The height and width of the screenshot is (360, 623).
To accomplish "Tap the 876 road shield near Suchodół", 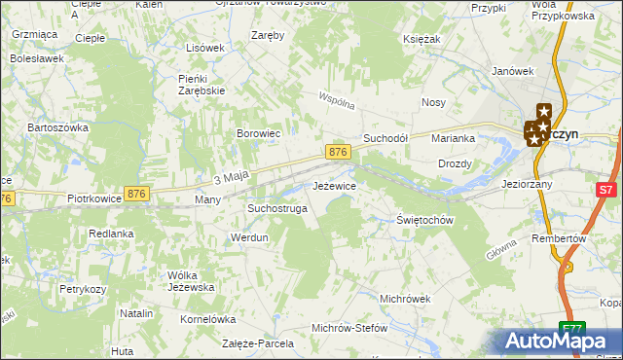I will (338, 153).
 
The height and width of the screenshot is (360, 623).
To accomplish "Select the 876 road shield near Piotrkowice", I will (137, 195).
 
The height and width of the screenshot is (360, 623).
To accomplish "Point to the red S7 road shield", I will (606, 191).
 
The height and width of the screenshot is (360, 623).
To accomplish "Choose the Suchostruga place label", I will (277, 208).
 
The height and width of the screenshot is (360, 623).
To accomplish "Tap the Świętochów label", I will (426, 221).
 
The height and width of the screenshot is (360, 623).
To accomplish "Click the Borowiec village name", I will (259, 133).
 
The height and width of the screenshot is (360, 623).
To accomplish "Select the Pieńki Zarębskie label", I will (202, 84).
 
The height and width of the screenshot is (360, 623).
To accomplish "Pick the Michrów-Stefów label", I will (348, 328).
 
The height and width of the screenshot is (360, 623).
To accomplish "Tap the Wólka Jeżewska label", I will (190, 280).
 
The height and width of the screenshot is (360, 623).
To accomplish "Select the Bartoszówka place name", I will (58, 127).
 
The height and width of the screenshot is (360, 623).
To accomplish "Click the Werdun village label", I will (248, 237).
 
